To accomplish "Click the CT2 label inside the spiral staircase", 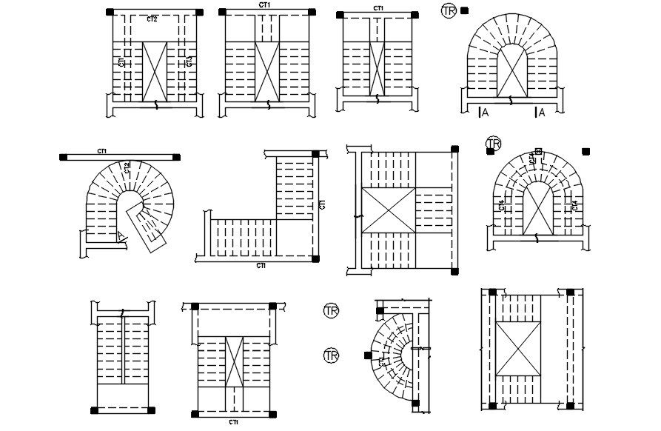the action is click(x=127, y=167).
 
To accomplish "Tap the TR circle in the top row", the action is click(x=449, y=11).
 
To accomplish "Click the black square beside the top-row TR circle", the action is click(x=464, y=10).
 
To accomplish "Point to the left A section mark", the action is click(x=484, y=113).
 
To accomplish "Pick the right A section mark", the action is click(x=540, y=113).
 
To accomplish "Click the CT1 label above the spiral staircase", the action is click(x=102, y=151).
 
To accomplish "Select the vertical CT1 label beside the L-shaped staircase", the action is click(x=322, y=205).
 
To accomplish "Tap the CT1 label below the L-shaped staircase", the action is click(x=261, y=264).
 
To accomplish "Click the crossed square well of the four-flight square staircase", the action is click(x=388, y=211).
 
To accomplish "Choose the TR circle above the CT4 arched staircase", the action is click(x=493, y=143).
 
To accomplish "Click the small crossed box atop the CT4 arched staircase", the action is click(x=538, y=151).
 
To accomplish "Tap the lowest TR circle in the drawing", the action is click(x=332, y=356).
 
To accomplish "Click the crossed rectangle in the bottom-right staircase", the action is click(x=518, y=348).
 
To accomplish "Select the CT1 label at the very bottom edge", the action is click(x=233, y=422).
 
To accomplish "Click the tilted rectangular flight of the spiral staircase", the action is click(x=147, y=225).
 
